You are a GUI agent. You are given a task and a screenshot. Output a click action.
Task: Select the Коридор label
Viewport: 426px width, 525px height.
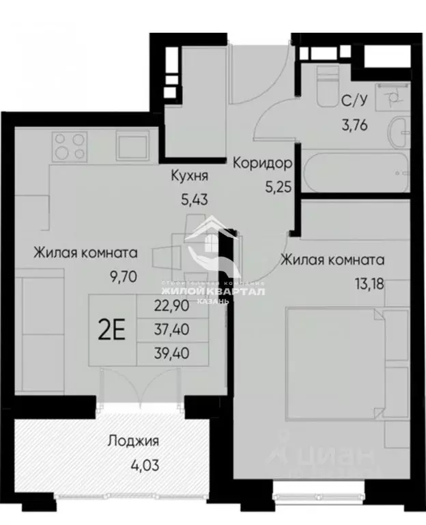click(x=263, y=163)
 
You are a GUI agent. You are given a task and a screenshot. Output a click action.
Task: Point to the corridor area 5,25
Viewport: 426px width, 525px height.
click(x=279, y=185)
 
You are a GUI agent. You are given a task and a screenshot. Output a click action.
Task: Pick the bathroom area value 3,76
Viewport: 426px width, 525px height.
click(x=354, y=125)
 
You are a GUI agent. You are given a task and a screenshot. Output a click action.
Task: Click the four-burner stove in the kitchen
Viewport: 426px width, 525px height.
click(x=70, y=146)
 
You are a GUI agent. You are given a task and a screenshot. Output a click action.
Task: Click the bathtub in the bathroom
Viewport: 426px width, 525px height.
click(x=355, y=174)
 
